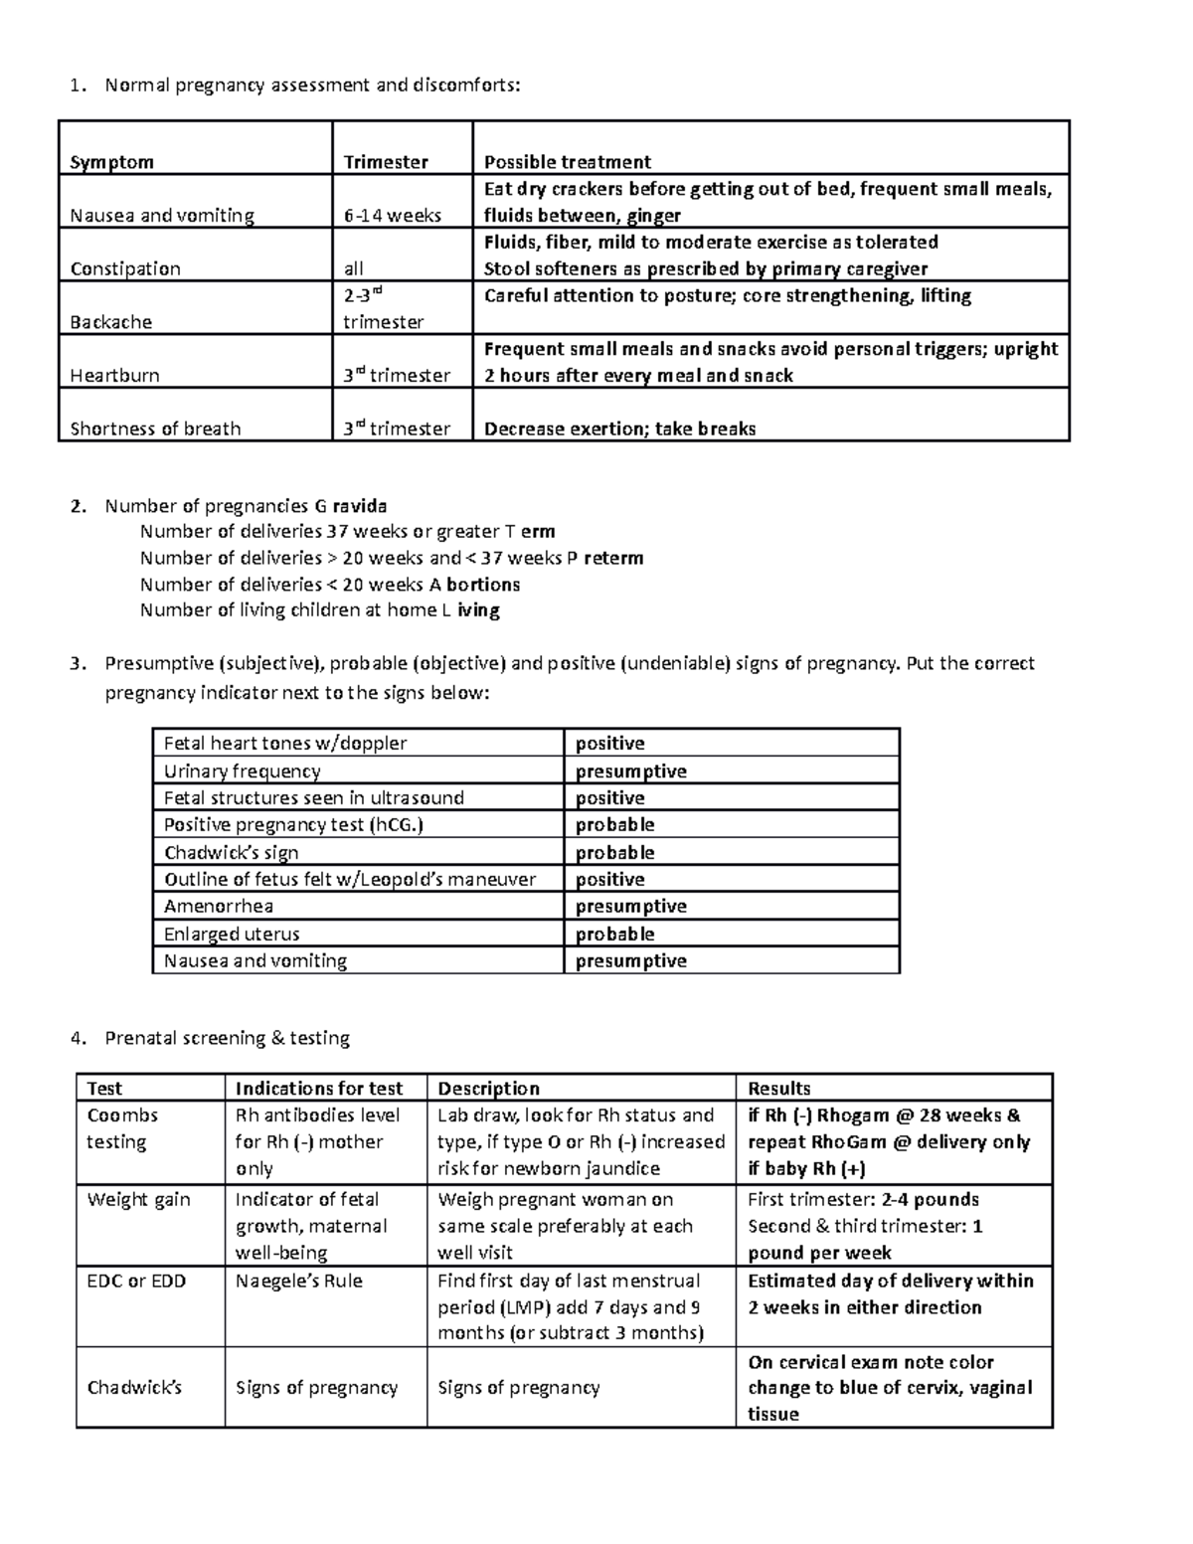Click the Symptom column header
[111, 162]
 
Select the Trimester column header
[386, 162]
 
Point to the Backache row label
[110, 322]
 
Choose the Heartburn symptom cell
[114, 376]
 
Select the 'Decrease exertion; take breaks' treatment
[619, 429]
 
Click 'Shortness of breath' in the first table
[155, 429]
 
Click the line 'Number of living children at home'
[319, 610]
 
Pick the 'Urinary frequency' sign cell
[242, 772]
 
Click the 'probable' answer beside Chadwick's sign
[615, 852]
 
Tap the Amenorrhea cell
[219, 906]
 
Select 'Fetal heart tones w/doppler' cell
[285, 744]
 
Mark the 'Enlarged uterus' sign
[232, 934]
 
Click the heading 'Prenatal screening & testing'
[227, 1038]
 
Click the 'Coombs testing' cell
[122, 1128]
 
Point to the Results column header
[779, 1088]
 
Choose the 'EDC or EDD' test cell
[136, 1281]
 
